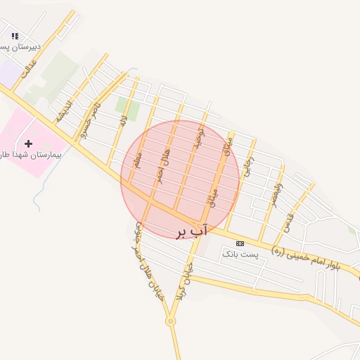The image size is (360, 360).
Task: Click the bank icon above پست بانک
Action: click(x=240, y=242)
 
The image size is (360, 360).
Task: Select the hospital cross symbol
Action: click(x=28, y=143)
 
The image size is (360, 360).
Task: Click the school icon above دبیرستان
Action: click(x=15, y=36)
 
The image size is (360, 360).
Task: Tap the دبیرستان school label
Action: click(x=20, y=46)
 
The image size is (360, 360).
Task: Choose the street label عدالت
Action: click(x=27, y=67)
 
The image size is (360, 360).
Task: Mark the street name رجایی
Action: click(x=247, y=166)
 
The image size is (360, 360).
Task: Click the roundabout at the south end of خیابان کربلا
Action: click(x=170, y=321)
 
